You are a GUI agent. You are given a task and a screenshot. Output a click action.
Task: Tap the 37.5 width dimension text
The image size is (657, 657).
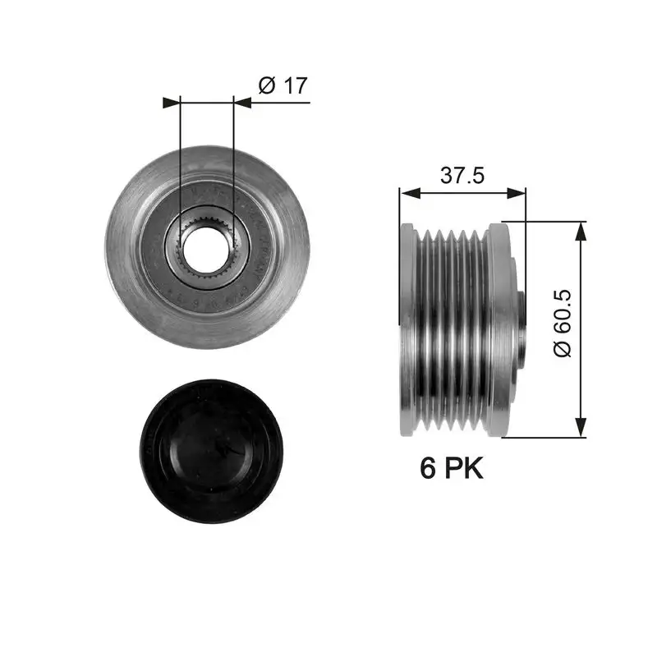pos(462,175)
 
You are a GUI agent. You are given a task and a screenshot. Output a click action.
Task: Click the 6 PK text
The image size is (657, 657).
pos(452,468)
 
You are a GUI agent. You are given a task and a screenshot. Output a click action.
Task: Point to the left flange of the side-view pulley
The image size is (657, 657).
pos(405,328)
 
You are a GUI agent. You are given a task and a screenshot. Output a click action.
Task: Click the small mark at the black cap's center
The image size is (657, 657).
pos(220,448)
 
